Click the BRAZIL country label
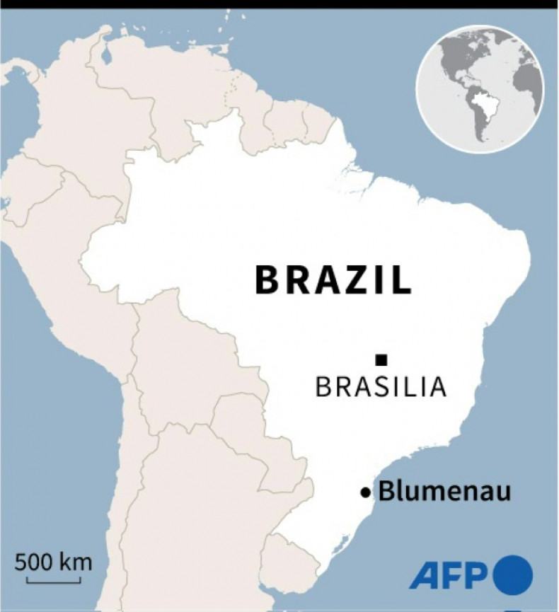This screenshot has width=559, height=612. point(333,280)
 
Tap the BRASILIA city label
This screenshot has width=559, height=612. point(381,387)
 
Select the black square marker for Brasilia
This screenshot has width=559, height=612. point(381,359)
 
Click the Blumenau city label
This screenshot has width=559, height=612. point(444,491)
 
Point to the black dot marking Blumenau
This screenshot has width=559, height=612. point(365,492)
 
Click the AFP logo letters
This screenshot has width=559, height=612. point(448,575)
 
